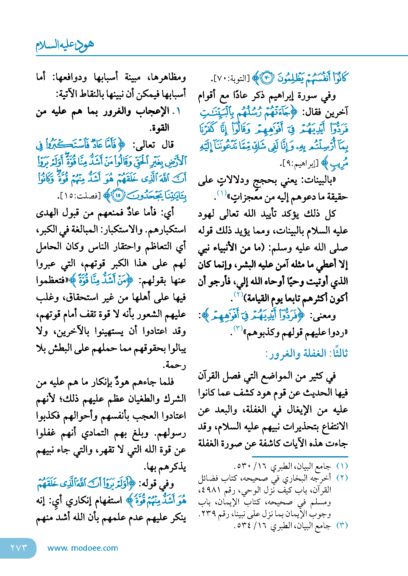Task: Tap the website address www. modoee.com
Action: [x=83, y=548]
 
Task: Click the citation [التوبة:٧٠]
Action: [x=230, y=79]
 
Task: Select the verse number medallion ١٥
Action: [x=118, y=195]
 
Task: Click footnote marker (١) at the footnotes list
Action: [x=342, y=466]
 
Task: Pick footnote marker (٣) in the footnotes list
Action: [x=342, y=525]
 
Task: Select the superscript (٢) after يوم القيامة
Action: [x=238, y=294]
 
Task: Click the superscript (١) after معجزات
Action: [x=222, y=193]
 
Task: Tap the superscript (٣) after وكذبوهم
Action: [x=238, y=328]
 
